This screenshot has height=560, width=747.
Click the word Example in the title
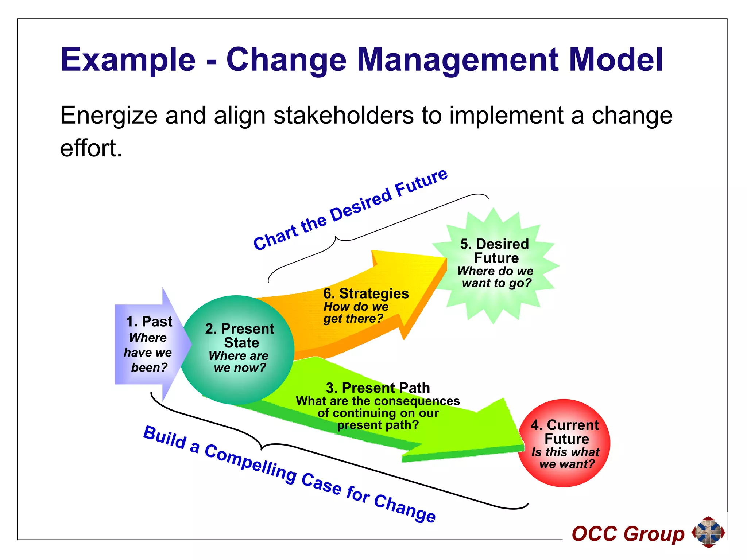coord(128,60)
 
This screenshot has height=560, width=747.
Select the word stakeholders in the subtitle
coord(343,116)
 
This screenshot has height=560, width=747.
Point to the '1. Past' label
coord(149,322)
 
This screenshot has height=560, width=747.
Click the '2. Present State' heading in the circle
coord(240,336)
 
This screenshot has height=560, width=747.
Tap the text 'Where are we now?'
coord(239,362)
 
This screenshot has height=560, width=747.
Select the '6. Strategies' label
coord(366,293)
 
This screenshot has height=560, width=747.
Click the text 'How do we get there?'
coord(356,313)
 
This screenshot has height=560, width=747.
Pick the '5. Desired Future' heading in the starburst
coord(495,251)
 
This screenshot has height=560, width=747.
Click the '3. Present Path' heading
coord(378,388)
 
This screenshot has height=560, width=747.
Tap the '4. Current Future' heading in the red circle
coord(565,432)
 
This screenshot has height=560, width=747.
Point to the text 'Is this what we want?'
coord(566,458)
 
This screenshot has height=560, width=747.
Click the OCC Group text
coord(628,534)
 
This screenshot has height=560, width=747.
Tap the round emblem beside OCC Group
coord(708,532)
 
